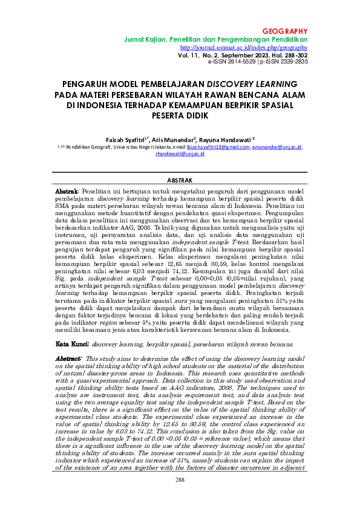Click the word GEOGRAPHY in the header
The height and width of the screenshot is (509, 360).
[285, 31]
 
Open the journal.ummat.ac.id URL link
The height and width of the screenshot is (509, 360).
[244, 47]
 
